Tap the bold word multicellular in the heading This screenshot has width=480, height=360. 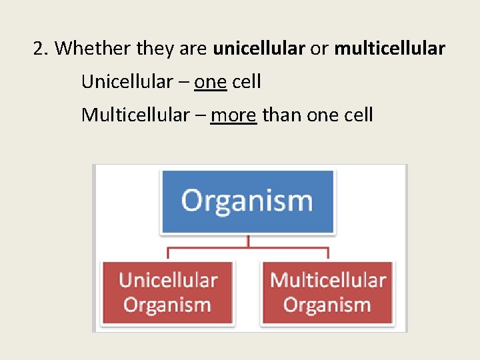pyautogui.click(x=389, y=49)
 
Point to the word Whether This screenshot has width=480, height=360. pyautogui.click(x=93, y=49)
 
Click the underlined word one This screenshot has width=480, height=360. pyautogui.click(x=211, y=82)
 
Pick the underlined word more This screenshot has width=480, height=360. pyautogui.click(x=233, y=115)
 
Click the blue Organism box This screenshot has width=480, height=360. pyautogui.click(x=247, y=201)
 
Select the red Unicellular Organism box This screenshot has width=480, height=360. pyautogui.click(x=167, y=293)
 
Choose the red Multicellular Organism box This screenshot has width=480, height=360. pyautogui.click(x=327, y=293)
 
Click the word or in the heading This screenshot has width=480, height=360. pyautogui.click(x=319, y=49)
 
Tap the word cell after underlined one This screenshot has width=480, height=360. pyautogui.click(x=247, y=82)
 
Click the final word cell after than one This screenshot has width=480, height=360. pyautogui.click(x=358, y=115)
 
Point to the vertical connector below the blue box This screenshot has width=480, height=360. pyautogui.click(x=247, y=241)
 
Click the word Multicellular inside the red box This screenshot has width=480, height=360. pyautogui.click(x=327, y=281)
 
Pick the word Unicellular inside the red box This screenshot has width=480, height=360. pyautogui.click(x=168, y=281)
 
